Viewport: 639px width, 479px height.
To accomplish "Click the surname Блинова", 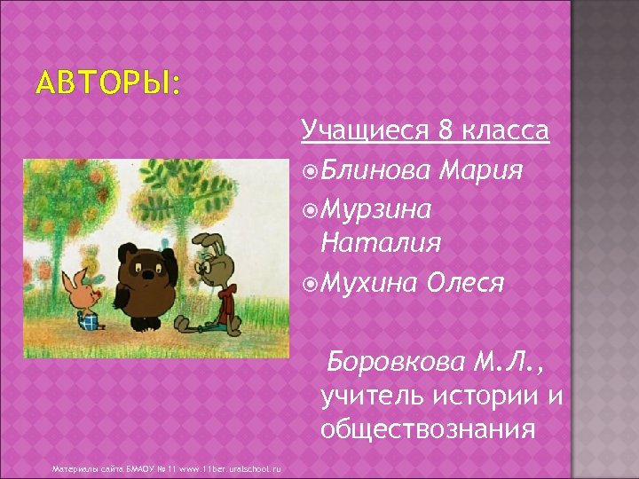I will click(x=377, y=169).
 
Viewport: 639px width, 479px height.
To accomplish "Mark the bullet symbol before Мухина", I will click(x=309, y=283).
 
